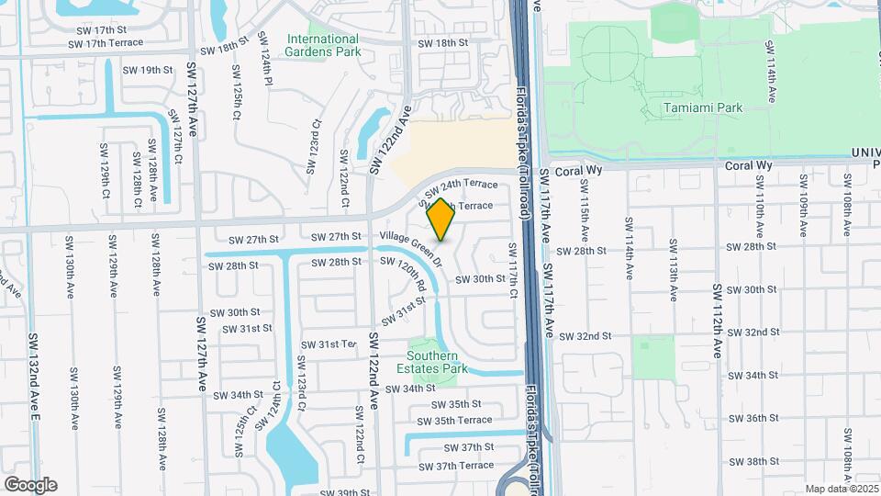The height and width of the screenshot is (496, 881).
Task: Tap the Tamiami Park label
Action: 702,107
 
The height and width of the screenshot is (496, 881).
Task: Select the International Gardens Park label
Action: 322,45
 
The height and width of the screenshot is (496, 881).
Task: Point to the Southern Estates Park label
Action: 437,362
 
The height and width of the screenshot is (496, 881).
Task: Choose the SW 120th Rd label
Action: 411,273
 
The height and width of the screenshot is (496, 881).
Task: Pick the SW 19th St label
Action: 147,70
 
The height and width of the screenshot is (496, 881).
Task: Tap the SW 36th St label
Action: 753,418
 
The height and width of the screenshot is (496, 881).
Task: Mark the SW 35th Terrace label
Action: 463,421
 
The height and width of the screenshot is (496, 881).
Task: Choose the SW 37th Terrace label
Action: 464,466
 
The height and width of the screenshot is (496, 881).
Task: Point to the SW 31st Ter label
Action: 328,344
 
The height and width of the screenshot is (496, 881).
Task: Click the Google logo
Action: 30,484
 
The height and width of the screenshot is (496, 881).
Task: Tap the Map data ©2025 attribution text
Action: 842,489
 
